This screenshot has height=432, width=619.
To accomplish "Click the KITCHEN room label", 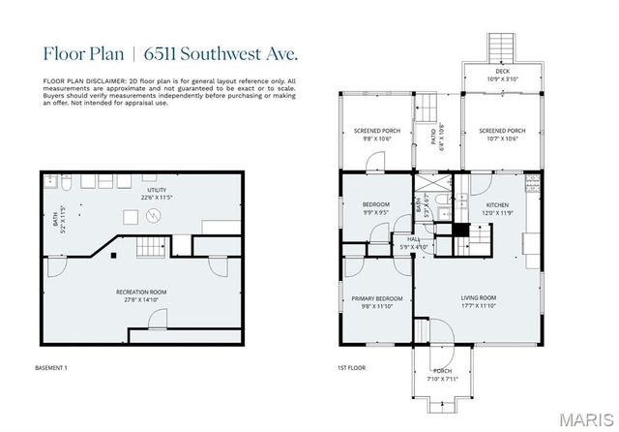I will [497, 204].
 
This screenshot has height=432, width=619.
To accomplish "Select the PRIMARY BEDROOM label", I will [377, 298].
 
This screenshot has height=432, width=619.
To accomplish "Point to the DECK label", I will [502, 71].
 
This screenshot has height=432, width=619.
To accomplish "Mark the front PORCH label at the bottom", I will [441, 371].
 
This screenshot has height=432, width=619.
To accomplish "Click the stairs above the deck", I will [501, 46].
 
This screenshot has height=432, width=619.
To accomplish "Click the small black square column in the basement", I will [114, 256].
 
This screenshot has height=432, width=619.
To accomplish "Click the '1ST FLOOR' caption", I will [349, 368].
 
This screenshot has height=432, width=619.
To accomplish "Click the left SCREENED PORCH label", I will [376, 132].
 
